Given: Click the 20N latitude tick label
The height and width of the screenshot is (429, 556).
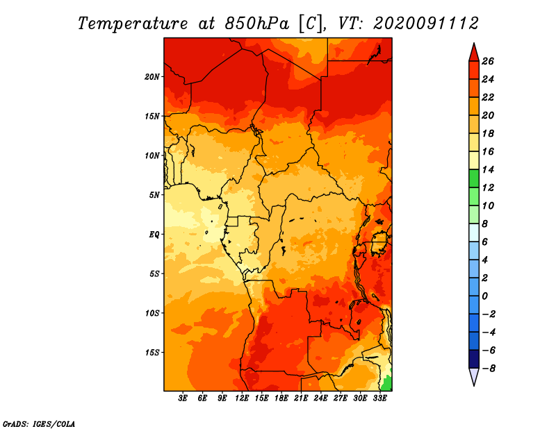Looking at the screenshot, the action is coord(152,77).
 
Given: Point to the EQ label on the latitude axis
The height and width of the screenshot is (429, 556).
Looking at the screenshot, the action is coord(154,235).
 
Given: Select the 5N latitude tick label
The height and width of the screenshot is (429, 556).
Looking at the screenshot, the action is coord(154,195).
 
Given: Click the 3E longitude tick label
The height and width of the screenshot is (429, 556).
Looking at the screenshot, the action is coord(183,398).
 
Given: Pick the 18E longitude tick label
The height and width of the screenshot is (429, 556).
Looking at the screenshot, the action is coord(281,398).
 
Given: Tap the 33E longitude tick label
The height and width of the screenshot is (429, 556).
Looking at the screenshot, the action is coord(379,398).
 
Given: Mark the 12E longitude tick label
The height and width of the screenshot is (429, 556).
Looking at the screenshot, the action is coord(242,398).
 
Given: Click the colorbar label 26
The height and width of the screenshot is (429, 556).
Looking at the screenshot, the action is coord(488,61).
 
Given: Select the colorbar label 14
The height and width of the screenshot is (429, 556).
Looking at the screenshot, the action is coord(488,169).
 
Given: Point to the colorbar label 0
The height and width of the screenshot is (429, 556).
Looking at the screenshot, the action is coord(484,296).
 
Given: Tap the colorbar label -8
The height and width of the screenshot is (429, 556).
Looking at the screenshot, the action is coord(489,369).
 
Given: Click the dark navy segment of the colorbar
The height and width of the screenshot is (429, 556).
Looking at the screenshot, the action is coord(474,359).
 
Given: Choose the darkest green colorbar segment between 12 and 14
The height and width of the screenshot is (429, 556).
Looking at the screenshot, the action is coord(474,178).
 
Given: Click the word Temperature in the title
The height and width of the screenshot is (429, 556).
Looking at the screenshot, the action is coord(133,24).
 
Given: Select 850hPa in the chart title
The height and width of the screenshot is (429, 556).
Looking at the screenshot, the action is coord(257,24).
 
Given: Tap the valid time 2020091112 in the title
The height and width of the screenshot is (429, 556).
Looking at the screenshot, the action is coord(426,24).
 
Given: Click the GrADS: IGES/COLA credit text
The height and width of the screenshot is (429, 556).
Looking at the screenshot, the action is coord(39,424).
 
